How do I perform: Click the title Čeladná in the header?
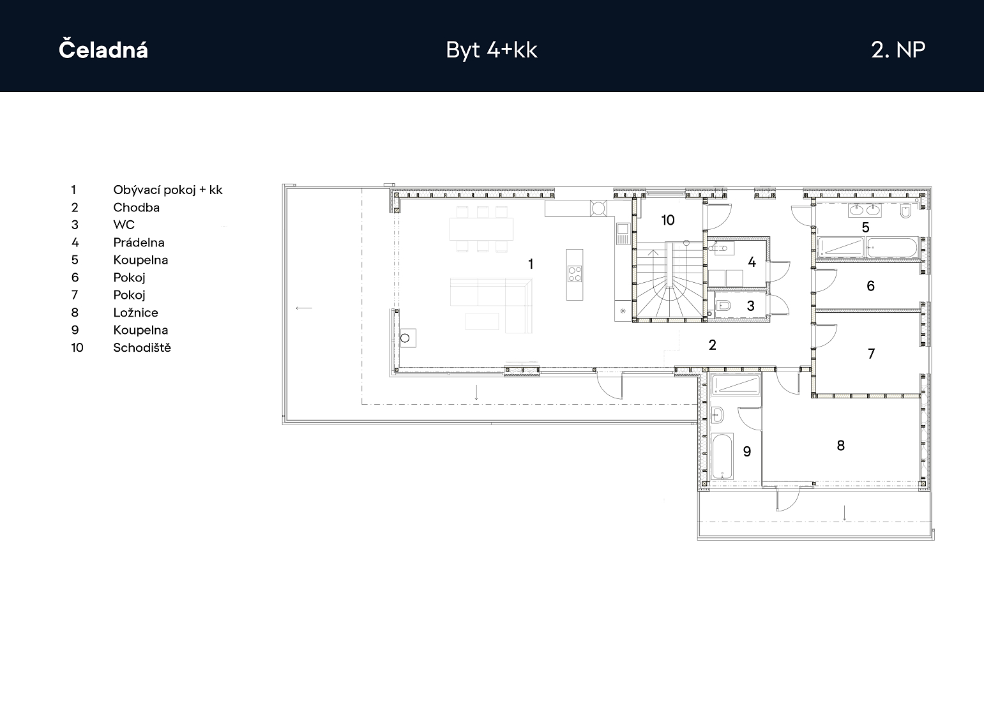(103, 49)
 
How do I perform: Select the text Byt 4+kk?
(492, 50)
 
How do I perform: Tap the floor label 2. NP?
(898, 50)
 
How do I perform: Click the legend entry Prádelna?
(139, 243)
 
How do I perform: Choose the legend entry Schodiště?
(142, 347)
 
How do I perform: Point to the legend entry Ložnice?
(136, 313)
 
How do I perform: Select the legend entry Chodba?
(136, 207)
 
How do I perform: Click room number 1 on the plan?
(531, 264)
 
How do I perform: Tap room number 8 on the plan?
(841, 446)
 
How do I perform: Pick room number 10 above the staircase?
(668, 220)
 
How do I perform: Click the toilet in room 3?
(723, 305)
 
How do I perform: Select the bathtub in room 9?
(722, 456)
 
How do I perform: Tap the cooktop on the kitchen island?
(575, 274)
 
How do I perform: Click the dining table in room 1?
(481, 229)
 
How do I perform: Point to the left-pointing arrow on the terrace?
(304, 308)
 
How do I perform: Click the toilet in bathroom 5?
(905, 211)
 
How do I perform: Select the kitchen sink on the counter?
(623, 233)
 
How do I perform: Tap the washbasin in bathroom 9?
(718, 414)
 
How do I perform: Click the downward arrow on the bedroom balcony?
(844, 513)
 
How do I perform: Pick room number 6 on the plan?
(871, 286)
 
